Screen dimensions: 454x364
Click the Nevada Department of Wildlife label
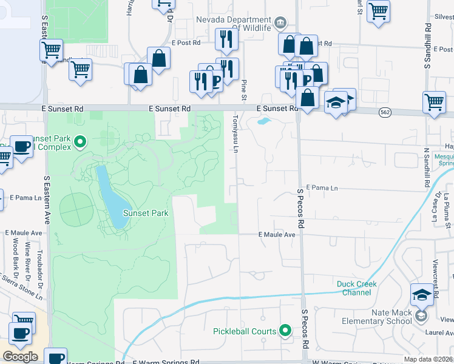click(233, 23)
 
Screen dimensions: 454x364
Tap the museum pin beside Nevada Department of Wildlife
click(280, 23)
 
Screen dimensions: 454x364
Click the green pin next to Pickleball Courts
click(285, 331)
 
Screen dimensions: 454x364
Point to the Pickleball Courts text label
click(245, 331)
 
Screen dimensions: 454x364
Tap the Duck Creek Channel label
click(357, 288)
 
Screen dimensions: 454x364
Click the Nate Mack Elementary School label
click(376, 317)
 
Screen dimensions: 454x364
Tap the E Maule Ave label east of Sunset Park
click(277, 235)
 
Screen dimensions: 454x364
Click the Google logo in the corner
click(20, 357)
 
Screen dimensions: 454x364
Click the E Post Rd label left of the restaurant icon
click(186, 43)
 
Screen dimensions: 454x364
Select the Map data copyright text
click(429, 359)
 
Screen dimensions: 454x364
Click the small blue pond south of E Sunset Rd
click(263, 121)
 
